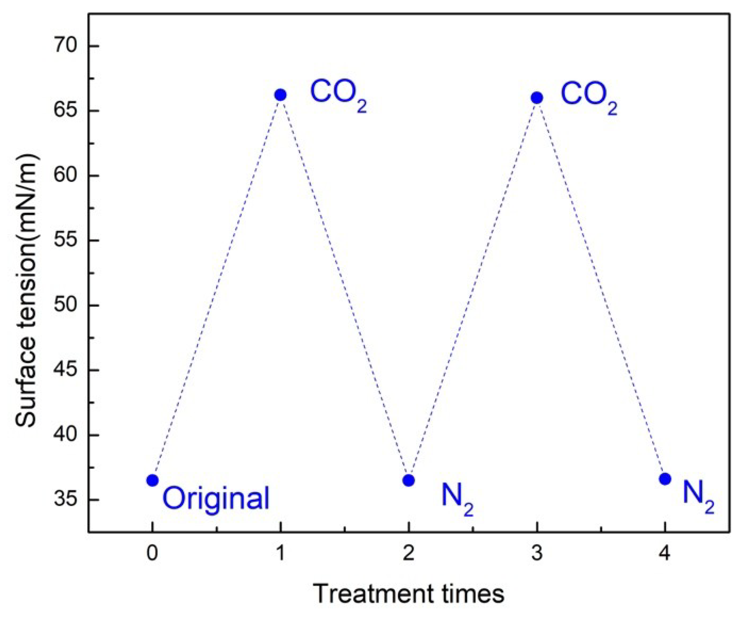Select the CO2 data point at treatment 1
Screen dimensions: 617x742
tap(280, 95)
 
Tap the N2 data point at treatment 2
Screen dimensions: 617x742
tap(408, 481)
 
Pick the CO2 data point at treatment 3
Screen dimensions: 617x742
tap(537, 97)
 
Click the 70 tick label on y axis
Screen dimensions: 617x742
tap(65, 46)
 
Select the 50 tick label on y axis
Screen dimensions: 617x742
tap(65, 305)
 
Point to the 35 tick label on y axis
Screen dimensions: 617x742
tap(65, 500)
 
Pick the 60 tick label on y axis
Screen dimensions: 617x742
tap(65, 176)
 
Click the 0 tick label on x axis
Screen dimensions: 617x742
tap(152, 554)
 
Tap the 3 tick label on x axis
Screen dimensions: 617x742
tap(537, 554)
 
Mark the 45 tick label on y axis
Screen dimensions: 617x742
tap(65, 370)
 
